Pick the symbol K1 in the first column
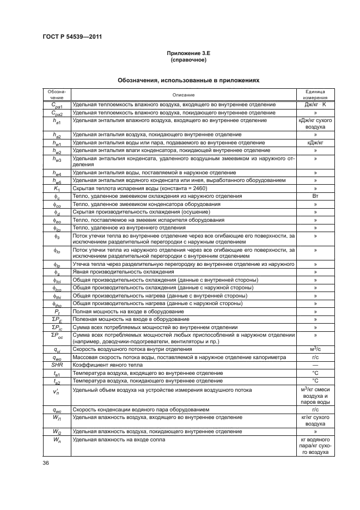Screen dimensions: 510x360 tap(56, 187)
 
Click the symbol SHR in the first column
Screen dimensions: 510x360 tap(56, 380)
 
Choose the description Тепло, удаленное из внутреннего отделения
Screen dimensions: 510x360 tap(129, 227)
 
